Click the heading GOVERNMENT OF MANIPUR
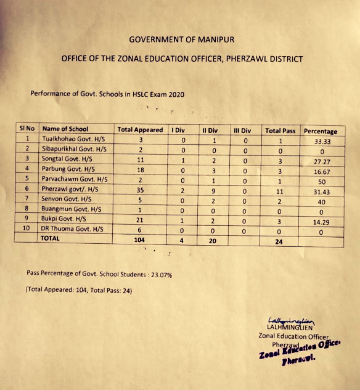(x=182, y=40)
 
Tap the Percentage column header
(x=320, y=131)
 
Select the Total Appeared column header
(x=140, y=130)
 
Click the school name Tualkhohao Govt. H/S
(x=73, y=139)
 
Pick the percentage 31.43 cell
(x=321, y=192)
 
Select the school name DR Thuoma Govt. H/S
(x=72, y=229)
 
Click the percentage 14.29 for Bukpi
(x=321, y=222)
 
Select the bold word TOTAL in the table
(x=50, y=238)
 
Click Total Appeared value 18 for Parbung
(x=141, y=169)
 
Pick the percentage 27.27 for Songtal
(x=321, y=162)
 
